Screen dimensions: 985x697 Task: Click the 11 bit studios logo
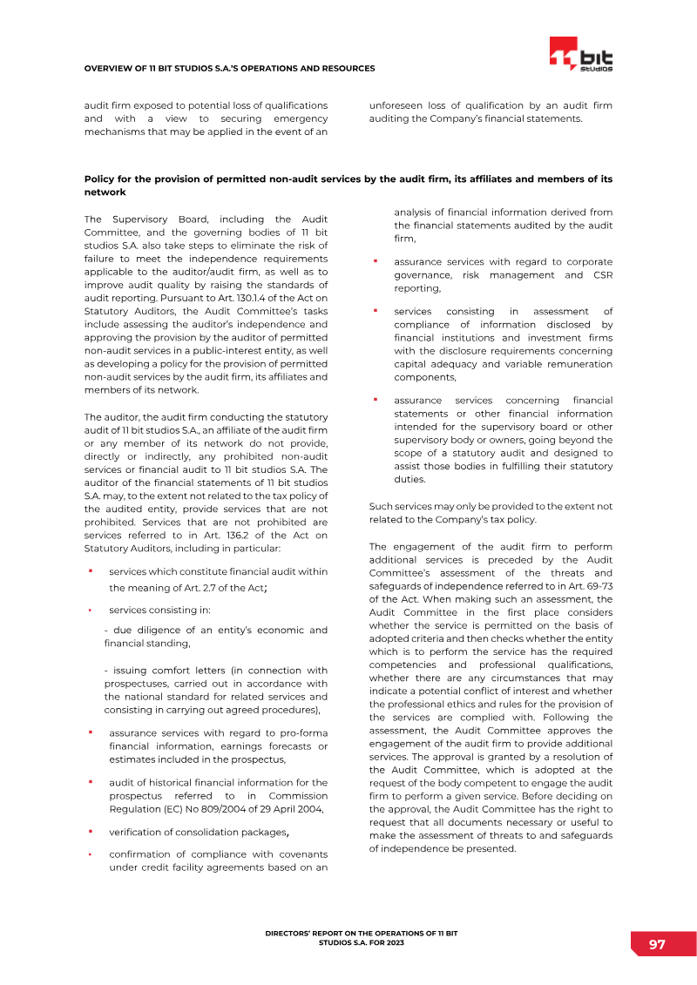click(581, 57)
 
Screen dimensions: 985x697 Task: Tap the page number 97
click(657, 945)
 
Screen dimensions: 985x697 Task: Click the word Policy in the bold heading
click(99, 179)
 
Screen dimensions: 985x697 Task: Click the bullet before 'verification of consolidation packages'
click(90, 832)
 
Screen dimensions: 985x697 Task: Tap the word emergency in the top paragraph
click(300, 119)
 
